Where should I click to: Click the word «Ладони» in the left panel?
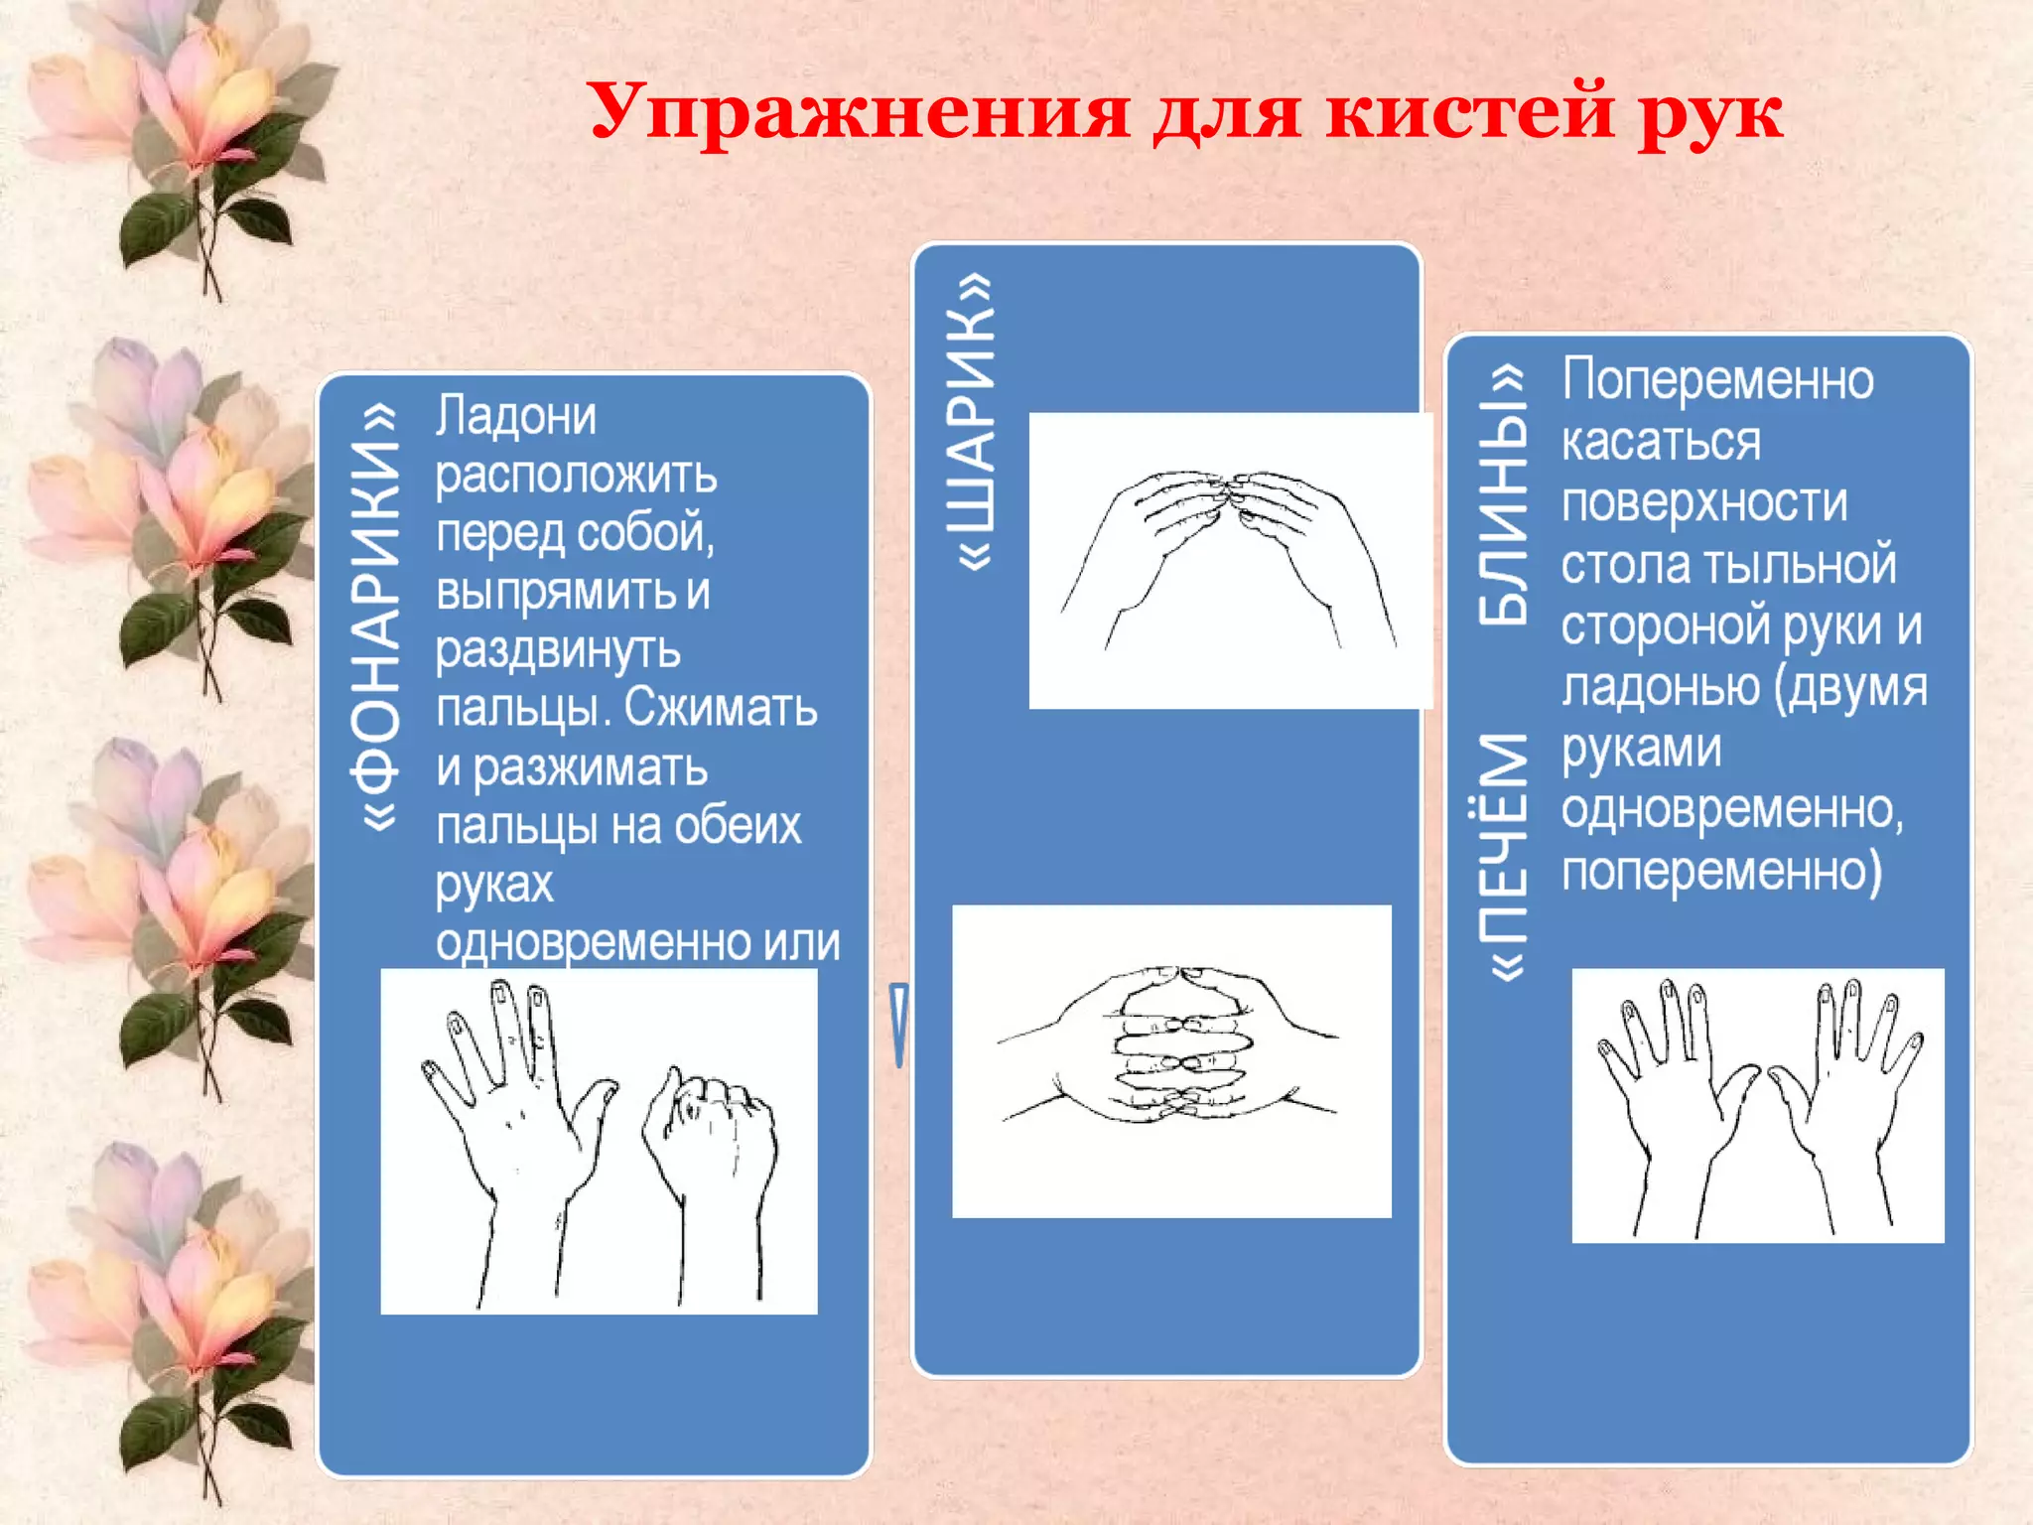[x=516, y=415]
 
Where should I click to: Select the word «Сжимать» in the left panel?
[x=721, y=707]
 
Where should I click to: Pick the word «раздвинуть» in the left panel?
[x=558, y=650]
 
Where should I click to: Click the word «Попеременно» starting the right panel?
[x=1718, y=380]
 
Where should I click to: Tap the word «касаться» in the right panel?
[x=1661, y=441]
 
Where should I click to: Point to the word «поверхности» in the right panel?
[x=1704, y=502]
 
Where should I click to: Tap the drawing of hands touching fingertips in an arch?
[x=1229, y=556]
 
